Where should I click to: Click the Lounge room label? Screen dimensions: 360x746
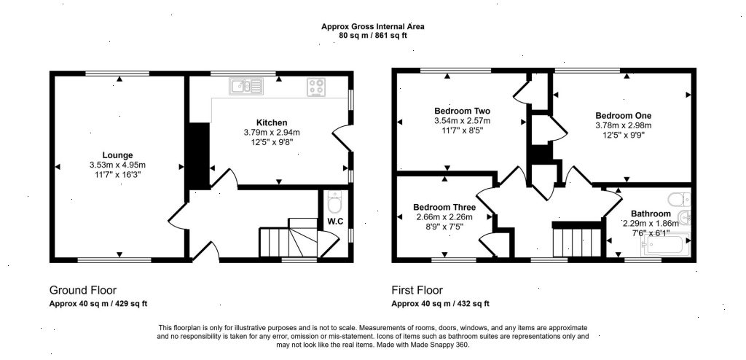pos(117,154)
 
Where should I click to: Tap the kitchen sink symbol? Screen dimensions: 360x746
pos(246,87)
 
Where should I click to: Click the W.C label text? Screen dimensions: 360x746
pos(335,222)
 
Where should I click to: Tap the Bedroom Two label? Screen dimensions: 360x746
pos(462,111)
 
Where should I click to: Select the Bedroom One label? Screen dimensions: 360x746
pos(623,115)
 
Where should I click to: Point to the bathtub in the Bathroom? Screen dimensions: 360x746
pos(663,246)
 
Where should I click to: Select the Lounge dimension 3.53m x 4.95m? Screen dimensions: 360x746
pos(117,165)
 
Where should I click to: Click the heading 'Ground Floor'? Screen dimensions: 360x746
pos(82,289)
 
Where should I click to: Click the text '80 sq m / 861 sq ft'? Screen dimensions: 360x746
pos(373,35)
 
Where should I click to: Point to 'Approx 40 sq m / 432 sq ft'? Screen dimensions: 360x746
pos(440,303)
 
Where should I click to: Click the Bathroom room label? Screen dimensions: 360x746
pos(650,214)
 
